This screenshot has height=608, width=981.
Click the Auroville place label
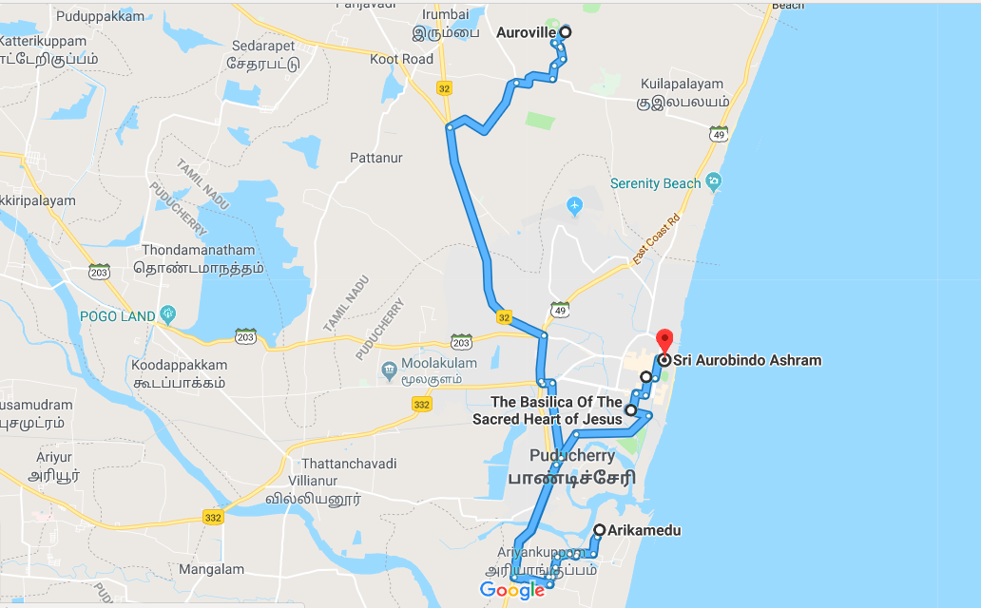pos(526,32)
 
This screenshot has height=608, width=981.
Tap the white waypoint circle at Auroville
pos(566,32)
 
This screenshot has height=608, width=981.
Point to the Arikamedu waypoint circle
pos(599,530)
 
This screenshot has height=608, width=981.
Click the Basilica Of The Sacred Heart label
pos(548,410)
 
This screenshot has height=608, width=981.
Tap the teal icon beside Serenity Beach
pos(714,181)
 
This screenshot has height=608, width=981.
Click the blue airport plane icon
pos(574,205)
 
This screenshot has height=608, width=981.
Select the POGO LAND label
pos(117,315)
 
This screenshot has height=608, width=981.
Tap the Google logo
pos(511,590)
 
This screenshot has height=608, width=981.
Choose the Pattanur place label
pos(376,157)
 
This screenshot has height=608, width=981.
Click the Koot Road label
pos(401,59)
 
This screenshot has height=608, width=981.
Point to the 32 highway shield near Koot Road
pos(445,87)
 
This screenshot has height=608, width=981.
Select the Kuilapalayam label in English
pos(683,84)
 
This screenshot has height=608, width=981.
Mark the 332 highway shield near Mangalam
pos(213,517)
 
